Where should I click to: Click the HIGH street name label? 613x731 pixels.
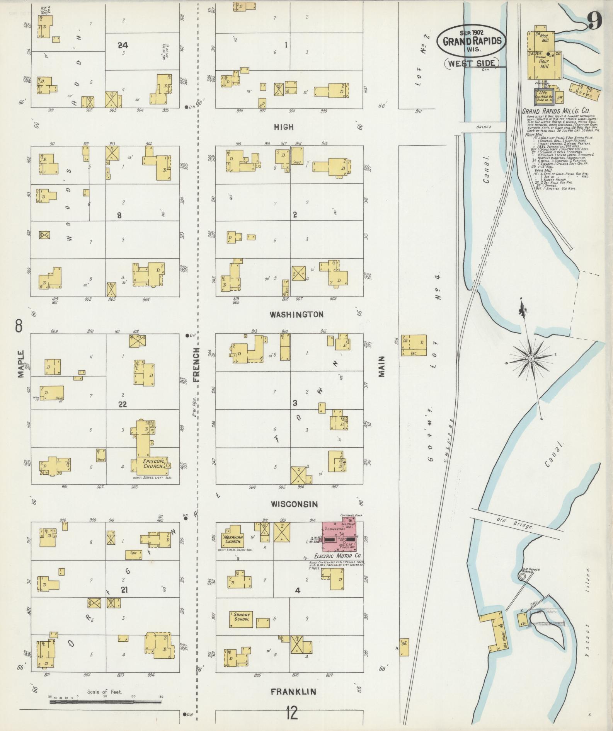coord(284,127)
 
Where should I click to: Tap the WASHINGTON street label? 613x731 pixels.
coord(296,314)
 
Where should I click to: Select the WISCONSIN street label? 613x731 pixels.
coord(294,504)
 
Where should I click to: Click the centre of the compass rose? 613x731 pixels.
coord(531,359)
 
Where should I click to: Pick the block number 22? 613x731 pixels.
coord(123,404)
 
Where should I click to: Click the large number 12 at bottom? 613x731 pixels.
coord(292,712)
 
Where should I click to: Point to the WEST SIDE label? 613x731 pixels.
coord(472,63)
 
